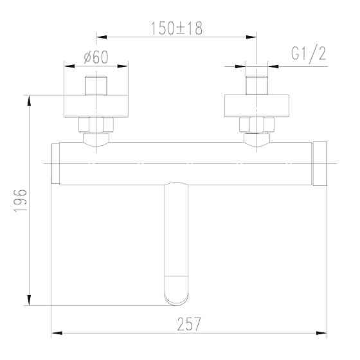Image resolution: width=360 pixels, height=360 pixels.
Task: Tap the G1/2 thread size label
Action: pyautogui.click(x=308, y=54)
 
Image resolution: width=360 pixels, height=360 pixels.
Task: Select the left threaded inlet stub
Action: pyautogui.click(x=96, y=85)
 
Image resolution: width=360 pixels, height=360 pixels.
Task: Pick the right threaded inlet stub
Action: pyautogui.click(x=257, y=85)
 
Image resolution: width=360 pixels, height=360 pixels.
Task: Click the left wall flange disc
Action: pyautogui.click(x=96, y=107)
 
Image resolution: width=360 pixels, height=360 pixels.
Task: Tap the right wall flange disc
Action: pyautogui.click(x=257, y=107)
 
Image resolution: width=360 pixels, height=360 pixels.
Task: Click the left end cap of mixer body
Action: pyautogui.click(x=55, y=163)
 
